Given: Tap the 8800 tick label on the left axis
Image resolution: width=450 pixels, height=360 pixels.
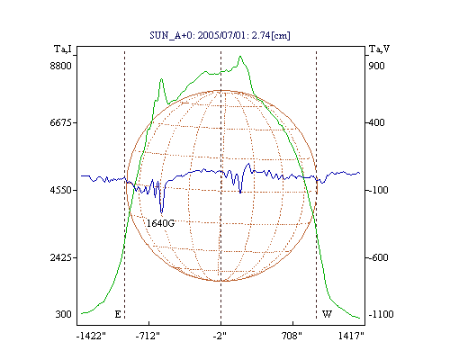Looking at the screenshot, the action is (x=60, y=66).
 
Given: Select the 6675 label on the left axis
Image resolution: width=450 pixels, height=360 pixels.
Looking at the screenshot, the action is (x=60, y=122).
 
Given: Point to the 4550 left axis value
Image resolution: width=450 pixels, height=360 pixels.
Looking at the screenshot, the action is (x=60, y=190).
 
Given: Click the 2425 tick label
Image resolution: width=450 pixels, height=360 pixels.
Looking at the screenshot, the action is (x=60, y=257).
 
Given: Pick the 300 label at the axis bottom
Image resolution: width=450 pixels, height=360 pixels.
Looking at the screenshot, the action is (x=63, y=314).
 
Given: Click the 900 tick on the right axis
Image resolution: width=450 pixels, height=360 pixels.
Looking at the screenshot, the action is (x=376, y=66).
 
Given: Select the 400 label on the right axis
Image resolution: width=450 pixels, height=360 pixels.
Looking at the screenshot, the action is (x=376, y=122).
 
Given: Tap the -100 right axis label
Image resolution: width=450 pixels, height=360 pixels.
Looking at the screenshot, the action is (x=378, y=190).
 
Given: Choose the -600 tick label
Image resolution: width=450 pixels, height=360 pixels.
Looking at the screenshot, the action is (x=378, y=257).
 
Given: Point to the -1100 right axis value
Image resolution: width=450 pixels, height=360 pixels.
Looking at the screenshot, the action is (x=381, y=314).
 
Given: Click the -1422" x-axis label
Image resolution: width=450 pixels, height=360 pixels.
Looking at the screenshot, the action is (x=91, y=336).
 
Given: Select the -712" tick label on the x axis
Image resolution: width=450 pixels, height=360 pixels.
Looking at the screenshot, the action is (x=148, y=336).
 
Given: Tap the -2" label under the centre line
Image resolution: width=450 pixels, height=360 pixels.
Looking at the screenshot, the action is (x=220, y=336).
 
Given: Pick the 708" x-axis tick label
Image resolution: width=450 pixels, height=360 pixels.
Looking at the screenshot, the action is (x=292, y=336).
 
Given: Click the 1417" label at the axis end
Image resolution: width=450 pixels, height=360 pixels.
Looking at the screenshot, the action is (x=351, y=336).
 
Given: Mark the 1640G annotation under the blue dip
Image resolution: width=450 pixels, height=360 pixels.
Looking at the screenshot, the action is (x=160, y=223).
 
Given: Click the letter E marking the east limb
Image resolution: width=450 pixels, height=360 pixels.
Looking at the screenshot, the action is (x=118, y=314).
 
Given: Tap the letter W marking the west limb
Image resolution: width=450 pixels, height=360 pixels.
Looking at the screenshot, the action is (x=327, y=314).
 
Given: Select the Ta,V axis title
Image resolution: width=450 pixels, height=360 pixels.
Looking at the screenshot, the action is (x=379, y=49).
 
